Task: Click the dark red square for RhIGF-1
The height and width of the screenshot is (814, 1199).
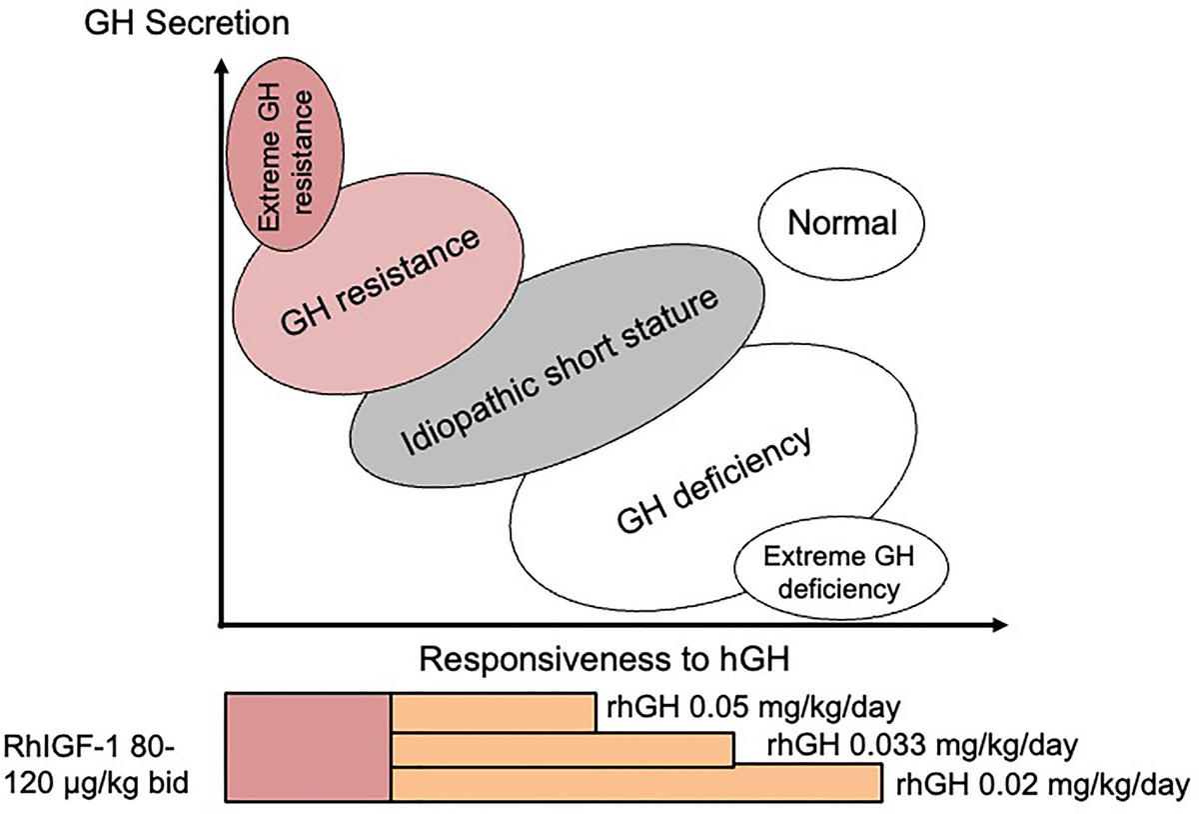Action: [x=308, y=747]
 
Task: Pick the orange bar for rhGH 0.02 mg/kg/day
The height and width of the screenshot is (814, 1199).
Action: [x=635, y=784]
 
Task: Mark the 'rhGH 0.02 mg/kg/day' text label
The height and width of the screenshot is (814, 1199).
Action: [x=1040, y=783]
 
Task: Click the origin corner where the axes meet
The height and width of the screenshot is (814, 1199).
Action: [x=221, y=626]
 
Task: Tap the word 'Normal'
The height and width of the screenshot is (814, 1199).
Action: [x=841, y=224]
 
